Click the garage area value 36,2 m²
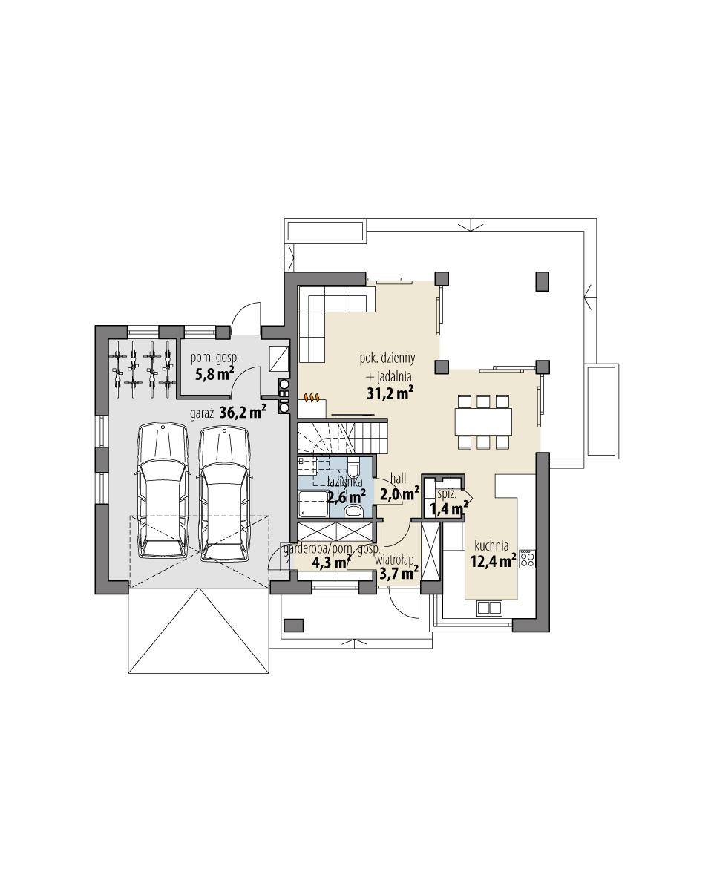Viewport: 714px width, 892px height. pyautogui.click(x=243, y=412)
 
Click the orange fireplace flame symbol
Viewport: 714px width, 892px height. pyautogui.click(x=313, y=399)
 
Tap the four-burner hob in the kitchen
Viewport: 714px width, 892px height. pyautogui.click(x=528, y=559)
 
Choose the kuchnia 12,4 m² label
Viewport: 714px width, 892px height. pyautogui.click(x=492, y=554)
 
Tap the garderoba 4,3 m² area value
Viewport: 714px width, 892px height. pyautogui.click(x=331, y=562)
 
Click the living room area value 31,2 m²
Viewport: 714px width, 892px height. pyautogui.click(x=390, y=393)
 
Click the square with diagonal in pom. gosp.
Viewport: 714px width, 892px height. pyautogui.click(x=279, y=358)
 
